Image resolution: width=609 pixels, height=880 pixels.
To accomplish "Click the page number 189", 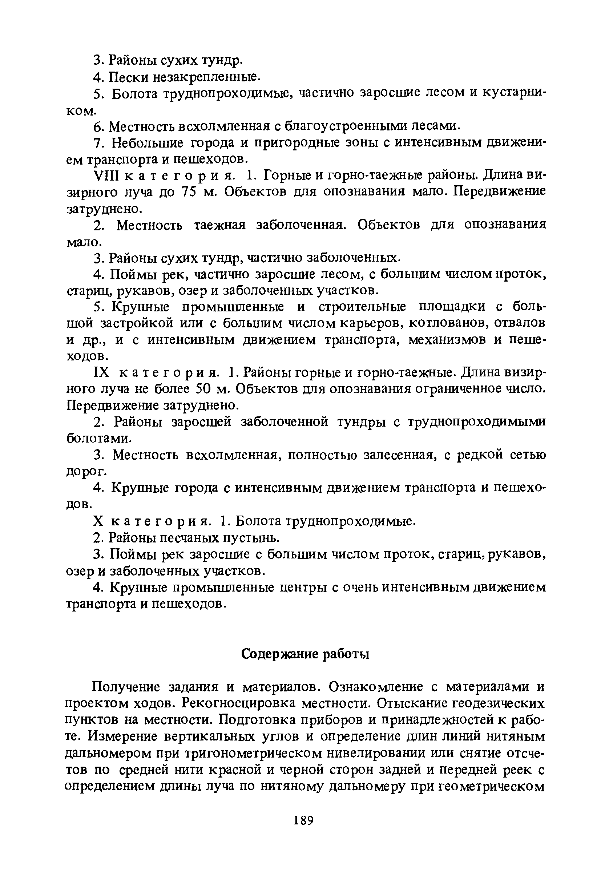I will [x=304, y=819].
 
